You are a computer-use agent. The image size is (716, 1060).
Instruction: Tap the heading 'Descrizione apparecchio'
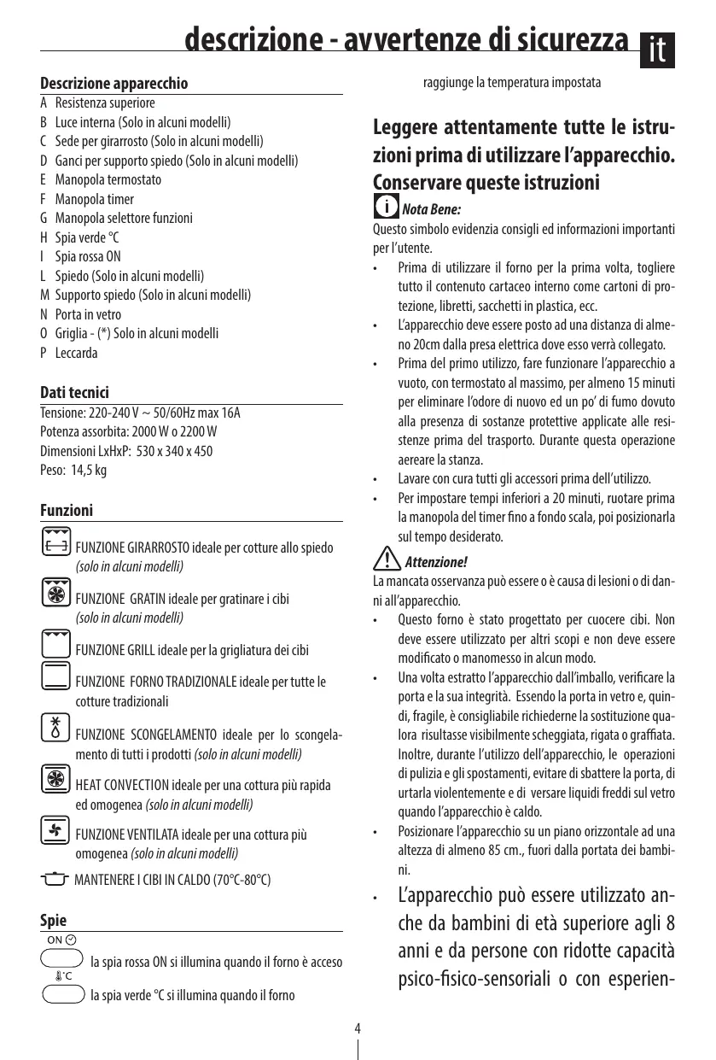point(114,84)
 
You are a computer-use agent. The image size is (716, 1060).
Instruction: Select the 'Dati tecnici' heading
point(75,393)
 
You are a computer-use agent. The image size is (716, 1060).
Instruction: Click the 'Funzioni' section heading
point(67,511)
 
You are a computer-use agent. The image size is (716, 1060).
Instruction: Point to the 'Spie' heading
point(54,921)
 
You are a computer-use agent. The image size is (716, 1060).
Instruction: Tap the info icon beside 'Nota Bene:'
point(387,208)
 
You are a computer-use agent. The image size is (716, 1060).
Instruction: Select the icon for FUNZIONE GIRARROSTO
point(56,542)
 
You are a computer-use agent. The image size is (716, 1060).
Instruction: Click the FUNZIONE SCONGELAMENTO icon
point(55,727)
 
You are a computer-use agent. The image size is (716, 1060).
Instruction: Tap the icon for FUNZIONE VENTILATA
point(55,829)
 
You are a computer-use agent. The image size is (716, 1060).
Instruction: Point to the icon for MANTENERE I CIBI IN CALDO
point(55,880)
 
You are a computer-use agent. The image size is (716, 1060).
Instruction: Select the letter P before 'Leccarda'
point(44,354)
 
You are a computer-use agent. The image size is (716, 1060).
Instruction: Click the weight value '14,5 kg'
point(89,470)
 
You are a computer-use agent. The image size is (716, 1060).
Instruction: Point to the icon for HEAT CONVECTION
point(55,779)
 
